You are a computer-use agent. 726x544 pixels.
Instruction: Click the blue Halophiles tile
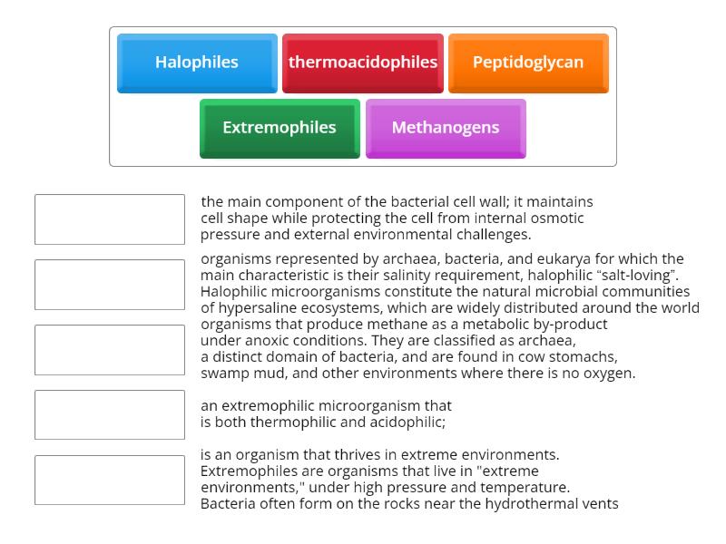click(197, 63)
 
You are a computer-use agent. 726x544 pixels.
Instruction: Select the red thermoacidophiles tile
click(363, 63)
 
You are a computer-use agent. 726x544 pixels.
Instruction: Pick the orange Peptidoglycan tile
click(528, 63)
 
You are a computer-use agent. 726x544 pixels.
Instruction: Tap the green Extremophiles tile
click(280, 128)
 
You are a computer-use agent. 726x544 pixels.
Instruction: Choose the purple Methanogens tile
click(446, 128)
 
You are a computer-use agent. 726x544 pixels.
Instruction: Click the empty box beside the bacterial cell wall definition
click(110, 219)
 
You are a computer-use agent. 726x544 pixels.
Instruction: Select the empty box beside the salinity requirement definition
click(110, 285)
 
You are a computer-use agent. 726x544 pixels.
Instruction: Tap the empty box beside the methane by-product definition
click(110, 350)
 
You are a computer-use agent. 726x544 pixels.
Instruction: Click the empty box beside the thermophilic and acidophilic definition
click(110, 415)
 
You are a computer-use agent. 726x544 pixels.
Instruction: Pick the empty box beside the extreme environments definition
click(110, 481)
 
